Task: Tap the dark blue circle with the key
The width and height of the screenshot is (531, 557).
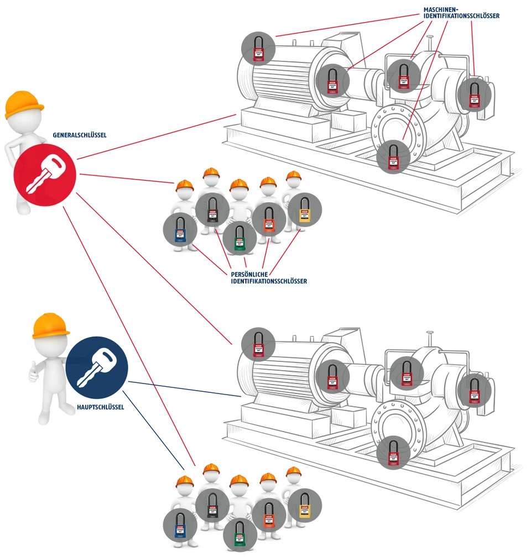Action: tap(97, 367)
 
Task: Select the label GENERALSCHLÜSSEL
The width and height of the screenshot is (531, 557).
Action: tap(80, 134)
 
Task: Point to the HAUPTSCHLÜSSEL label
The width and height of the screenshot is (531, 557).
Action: tap(101, 407)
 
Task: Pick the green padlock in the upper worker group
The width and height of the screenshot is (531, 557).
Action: tap(240, 238)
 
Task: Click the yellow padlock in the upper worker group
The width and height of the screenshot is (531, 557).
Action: tap(304, 210)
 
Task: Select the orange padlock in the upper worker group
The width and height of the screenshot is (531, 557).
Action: tap(269, 218)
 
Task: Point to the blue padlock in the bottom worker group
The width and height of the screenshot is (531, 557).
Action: tap(180, 526)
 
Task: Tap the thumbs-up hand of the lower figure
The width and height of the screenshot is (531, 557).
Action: tap(34, 369)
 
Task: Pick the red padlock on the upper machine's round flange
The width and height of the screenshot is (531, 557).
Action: tap(393, 156)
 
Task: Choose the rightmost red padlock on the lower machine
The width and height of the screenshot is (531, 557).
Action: tap(475, 390)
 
